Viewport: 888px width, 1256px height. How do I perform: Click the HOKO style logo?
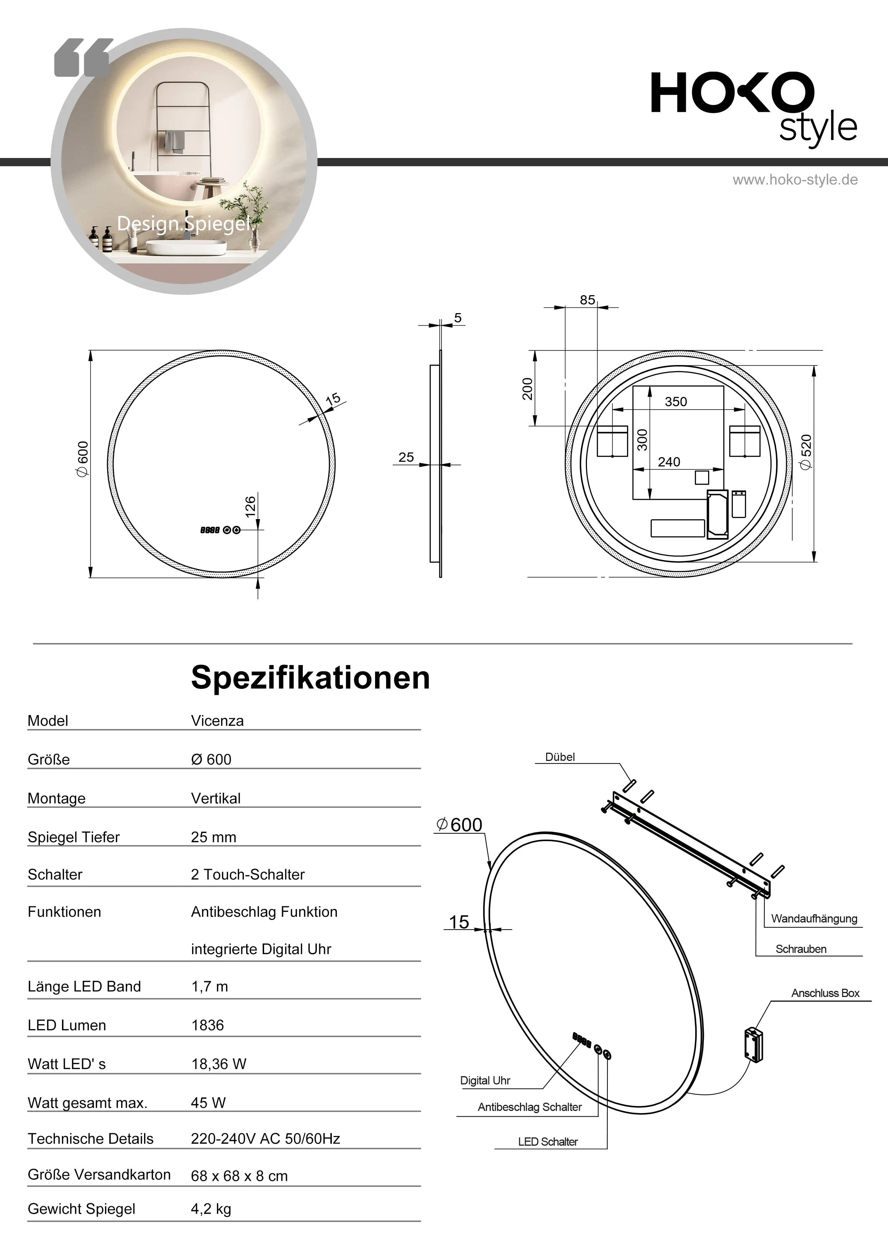(753, 107)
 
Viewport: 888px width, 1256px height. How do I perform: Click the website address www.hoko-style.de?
(795, 180)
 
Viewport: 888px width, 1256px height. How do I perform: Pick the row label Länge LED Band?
(84, 986)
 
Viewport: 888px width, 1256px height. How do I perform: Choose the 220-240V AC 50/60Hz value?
(265, 1138)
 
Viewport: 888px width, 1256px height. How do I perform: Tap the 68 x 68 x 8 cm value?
(239, 1176)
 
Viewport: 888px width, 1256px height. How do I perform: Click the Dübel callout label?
(560, 757)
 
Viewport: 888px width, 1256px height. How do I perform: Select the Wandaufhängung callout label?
(813, 919)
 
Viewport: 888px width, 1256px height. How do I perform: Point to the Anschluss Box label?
(825, 993)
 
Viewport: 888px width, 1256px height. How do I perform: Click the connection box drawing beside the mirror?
(753, 1045)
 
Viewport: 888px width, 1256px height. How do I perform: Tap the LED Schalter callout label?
(548, 1142)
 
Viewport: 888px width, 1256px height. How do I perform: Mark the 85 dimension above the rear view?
(587, 300)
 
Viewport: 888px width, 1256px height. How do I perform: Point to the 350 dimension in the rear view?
(676, 402)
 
